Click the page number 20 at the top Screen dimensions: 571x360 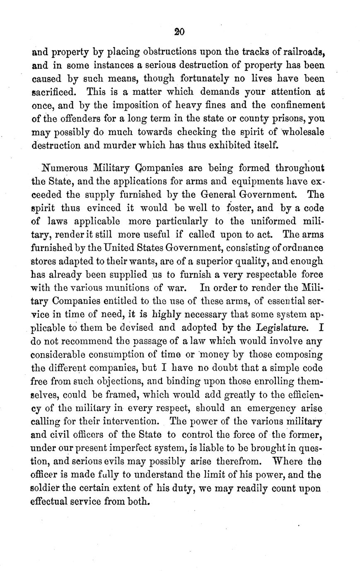pos(179,32)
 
